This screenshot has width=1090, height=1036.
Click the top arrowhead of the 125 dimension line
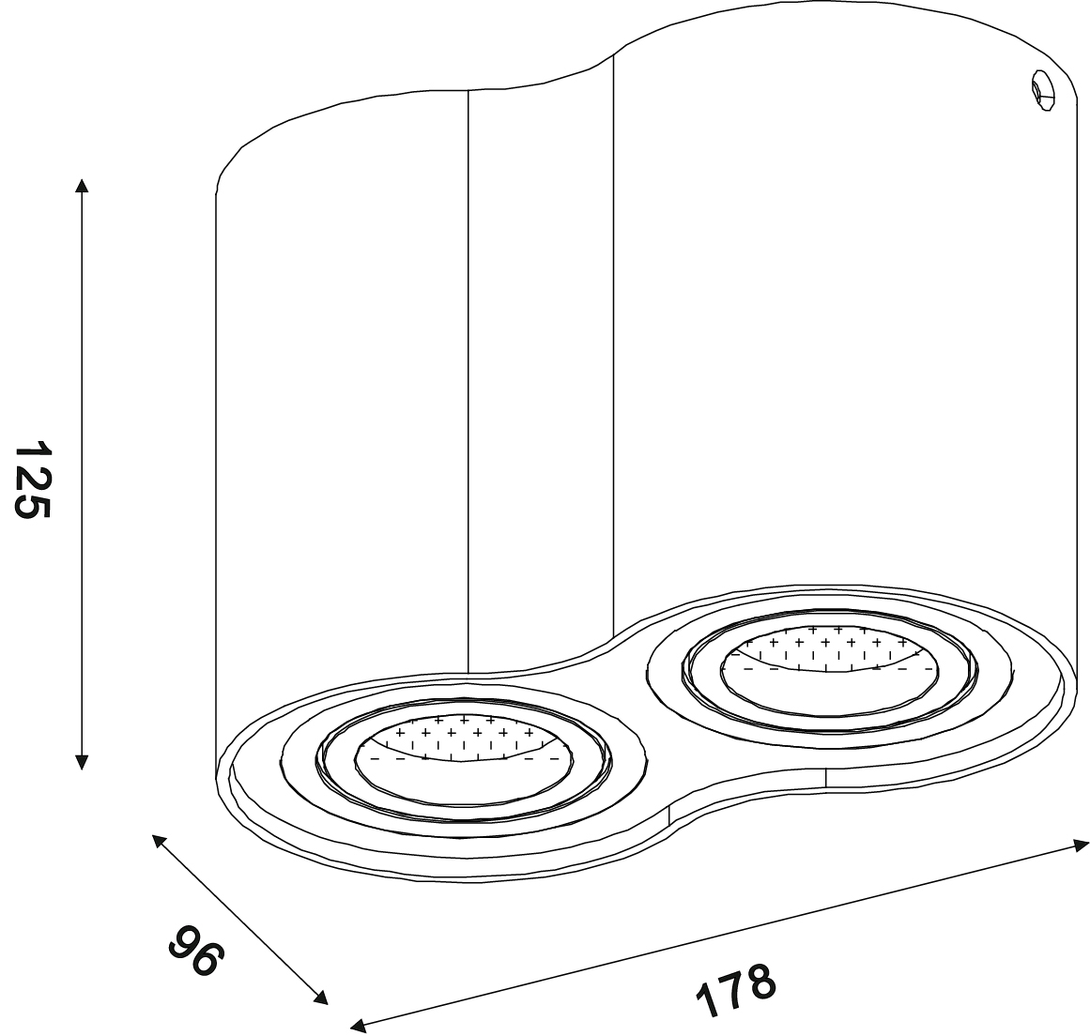(x=82, y=184)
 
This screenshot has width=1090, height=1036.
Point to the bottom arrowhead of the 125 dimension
(x=82, y=762)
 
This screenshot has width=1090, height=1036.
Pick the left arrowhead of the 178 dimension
(x=358, y=1026)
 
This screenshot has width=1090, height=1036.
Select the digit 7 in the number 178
(x=736, y=991)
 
